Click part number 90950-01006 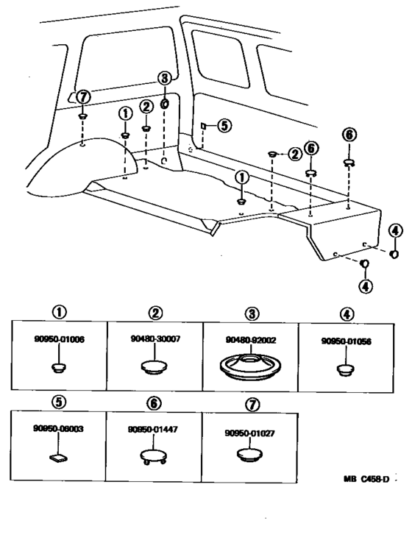coord(59,339)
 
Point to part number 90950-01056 coord(346,341)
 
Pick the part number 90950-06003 coord(59,427)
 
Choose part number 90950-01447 coord(154,427)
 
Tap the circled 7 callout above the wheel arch coord(83,97)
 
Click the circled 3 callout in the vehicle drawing coord(164,78)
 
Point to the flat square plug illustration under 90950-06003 coord(59,457)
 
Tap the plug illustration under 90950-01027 coord(250,457)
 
